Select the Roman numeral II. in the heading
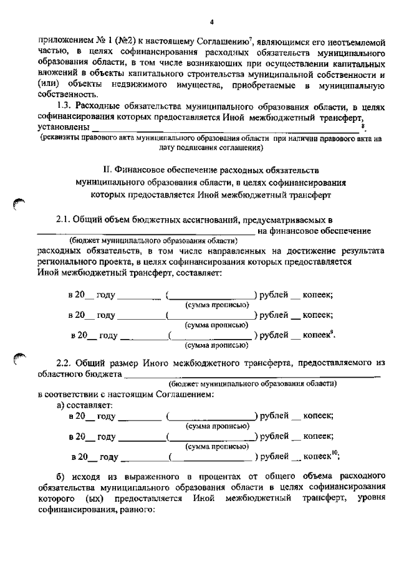point(107,170)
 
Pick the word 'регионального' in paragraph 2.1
point(65,262)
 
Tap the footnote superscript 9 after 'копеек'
point(332,333)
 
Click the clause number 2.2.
point(65,362)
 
